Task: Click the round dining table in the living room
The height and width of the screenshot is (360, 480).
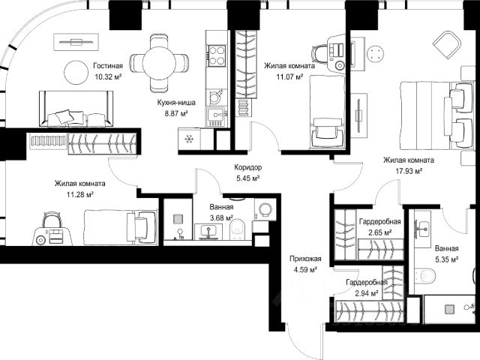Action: pos(159,63)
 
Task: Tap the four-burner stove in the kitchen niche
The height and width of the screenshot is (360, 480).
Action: pos(217,55)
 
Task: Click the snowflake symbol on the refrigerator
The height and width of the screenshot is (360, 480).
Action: pos(189,139)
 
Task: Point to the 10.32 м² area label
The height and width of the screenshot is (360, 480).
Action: pos(108,76)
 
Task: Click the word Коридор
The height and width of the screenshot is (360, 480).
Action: pos(248,167)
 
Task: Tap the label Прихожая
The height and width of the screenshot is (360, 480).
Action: pos(305,259)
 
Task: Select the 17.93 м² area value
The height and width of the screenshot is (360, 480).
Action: pos(409,171)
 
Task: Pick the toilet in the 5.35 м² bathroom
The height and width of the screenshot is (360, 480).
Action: pos(424,275)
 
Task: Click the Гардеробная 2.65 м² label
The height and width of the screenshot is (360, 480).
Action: pos(379,226)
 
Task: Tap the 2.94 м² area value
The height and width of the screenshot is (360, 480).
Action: pos(366,294)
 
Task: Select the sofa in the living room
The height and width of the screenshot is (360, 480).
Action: pos(76,109)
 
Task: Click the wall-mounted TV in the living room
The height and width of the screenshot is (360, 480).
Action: pos(76,42)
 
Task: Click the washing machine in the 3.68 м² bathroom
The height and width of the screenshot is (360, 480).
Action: pos(265,210)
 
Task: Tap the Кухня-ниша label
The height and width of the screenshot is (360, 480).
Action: pos(176,103)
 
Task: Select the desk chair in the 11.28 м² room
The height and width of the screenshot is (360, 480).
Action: pos(52,220)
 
